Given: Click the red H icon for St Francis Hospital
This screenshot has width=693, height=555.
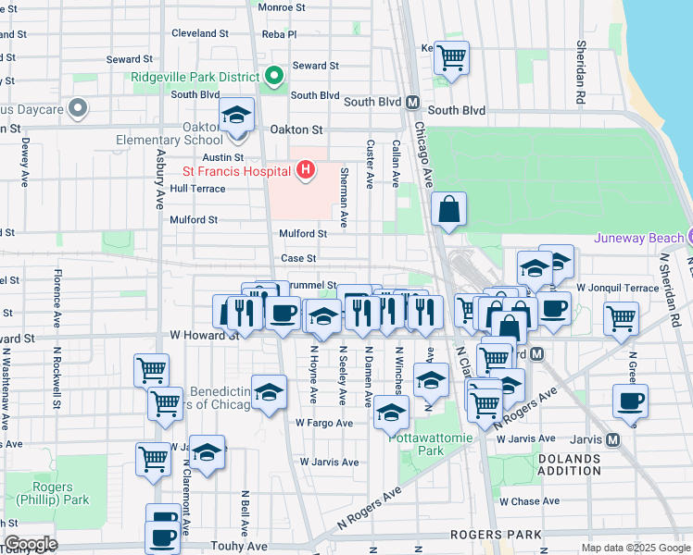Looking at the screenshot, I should [305, 170].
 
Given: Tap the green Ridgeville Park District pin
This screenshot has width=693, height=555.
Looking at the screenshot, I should [273, 77].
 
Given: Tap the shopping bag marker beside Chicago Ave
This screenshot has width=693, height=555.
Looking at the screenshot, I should [448, 210].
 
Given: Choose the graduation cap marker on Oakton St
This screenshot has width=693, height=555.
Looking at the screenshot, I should [237, 117].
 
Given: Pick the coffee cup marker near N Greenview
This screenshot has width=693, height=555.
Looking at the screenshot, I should [630, 402].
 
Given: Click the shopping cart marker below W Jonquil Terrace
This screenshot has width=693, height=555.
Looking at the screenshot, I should [621, 319].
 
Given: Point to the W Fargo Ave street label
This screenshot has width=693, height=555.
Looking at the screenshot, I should [324, 423].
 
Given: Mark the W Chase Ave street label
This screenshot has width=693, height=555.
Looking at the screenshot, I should [530, 501].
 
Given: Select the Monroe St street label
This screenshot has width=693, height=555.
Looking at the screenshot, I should [282, 7].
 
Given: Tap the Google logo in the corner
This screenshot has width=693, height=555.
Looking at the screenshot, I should [31, 544].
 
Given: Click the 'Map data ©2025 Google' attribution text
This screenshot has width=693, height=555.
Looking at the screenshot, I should [635, 548].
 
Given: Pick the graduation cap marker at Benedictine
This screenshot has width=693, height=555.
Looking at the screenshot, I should [269, 392].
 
